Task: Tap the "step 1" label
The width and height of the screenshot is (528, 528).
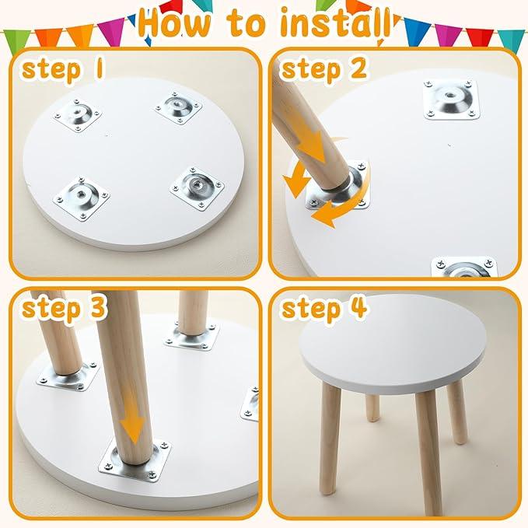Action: (62, 69)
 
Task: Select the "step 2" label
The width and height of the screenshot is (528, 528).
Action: (323, 69)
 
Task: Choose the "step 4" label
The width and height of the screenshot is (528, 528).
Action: (323, 308)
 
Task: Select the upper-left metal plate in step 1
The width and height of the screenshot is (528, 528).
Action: (78, 116)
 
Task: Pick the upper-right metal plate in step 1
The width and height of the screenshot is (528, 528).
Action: (178, 108)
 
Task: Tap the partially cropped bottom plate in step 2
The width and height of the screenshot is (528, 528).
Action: (464, 267)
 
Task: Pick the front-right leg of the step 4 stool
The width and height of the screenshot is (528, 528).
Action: (428, 451)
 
